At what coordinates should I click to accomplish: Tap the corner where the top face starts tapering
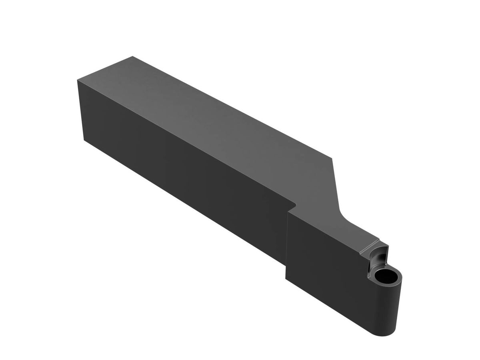point(333,158)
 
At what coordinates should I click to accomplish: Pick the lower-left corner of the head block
point(286,279)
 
